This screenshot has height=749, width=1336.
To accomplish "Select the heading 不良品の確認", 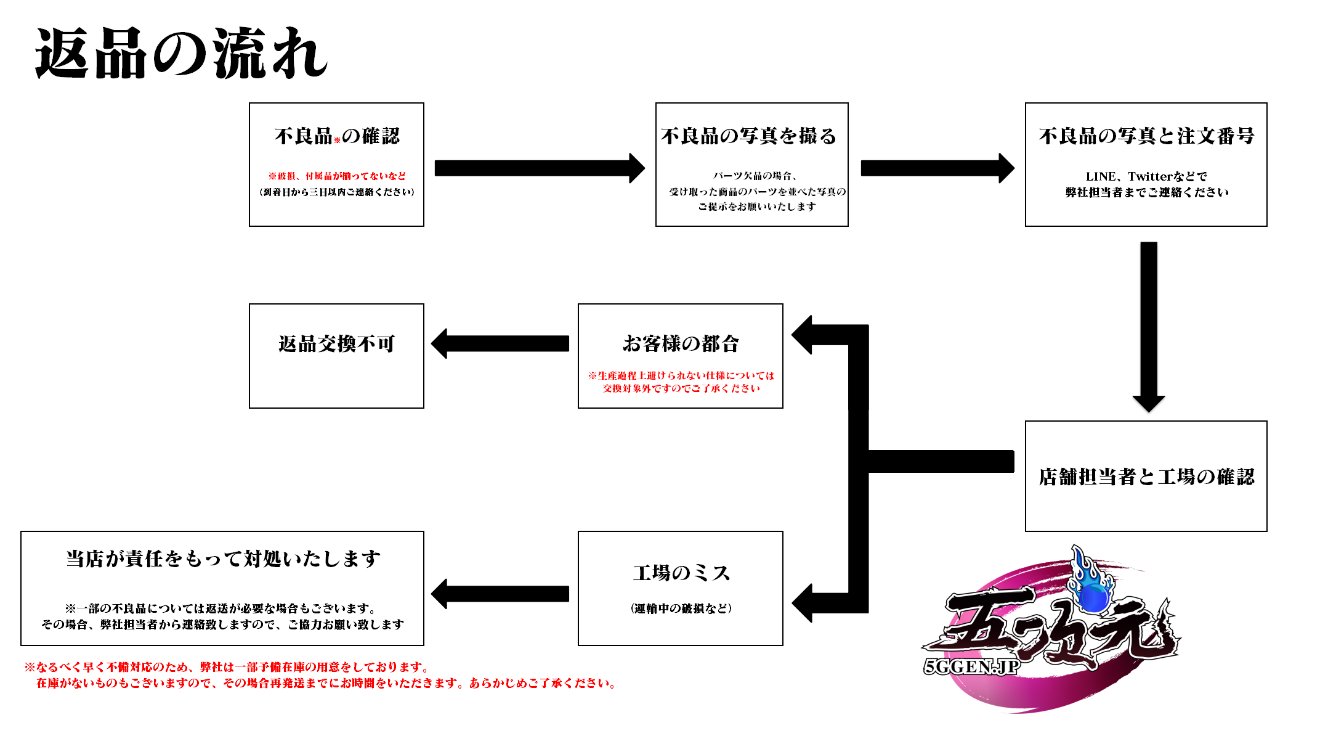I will point(337,136).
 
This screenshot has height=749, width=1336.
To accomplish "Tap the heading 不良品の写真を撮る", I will point(749,136).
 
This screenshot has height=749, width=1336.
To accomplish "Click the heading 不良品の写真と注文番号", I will point(1146,136).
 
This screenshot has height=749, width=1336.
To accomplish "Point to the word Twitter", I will point(1150,176).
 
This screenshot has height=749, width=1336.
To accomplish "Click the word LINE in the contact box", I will point(1100,176).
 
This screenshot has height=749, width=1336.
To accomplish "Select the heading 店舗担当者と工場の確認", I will point(1146,477).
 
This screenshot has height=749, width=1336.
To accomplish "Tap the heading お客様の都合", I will point(681,343).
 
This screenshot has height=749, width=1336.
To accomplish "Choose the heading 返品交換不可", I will point(336,343).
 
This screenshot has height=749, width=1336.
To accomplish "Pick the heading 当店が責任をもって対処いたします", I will point(223,559).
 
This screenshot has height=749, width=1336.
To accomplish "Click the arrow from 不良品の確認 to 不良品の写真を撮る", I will point(539,168).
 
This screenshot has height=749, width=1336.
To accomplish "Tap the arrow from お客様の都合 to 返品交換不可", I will point(500,343).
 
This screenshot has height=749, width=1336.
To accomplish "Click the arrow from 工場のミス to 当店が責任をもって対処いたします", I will point(500,594).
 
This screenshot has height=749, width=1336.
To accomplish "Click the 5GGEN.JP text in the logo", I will point(971,667).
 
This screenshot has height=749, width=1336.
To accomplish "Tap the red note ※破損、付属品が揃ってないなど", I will point(337,176).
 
